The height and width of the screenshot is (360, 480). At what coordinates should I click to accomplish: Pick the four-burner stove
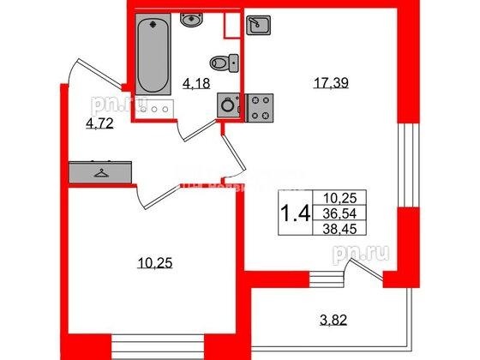(259, 105)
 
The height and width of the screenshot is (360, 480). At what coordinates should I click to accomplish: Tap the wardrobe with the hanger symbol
(102, 171)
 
